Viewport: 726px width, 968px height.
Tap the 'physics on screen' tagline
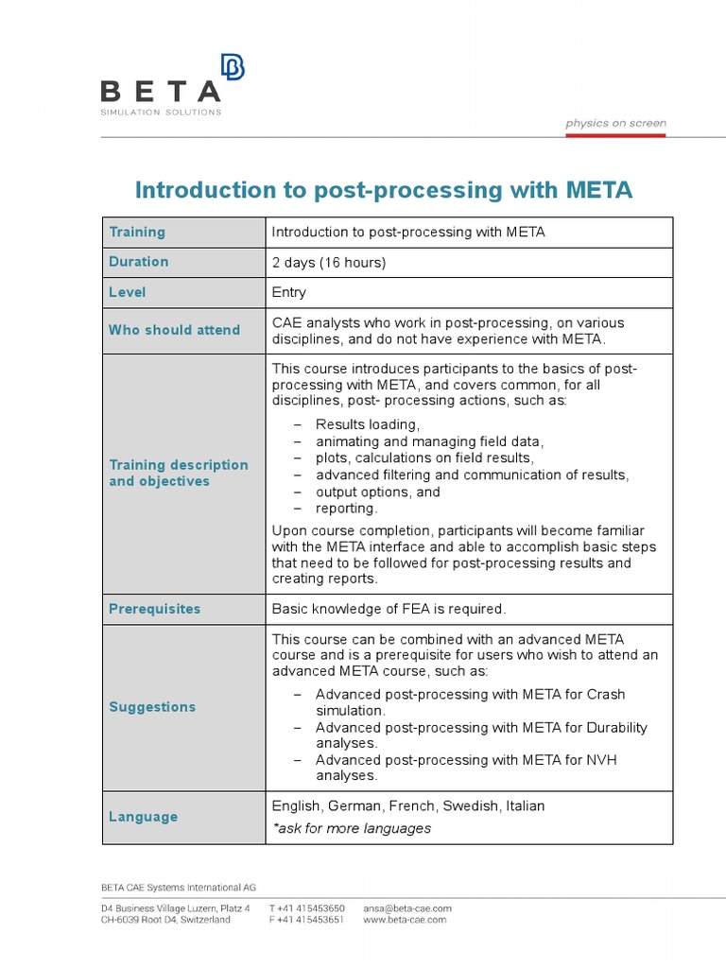[615, 123]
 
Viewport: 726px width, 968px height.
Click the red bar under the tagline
[615, 135]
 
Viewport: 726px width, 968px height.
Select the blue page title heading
[383, 190]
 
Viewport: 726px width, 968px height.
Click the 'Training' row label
[137, 232]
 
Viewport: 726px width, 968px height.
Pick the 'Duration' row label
[139, 262]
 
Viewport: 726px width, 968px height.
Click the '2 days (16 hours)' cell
[329, 262]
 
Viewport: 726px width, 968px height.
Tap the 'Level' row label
[128, 293]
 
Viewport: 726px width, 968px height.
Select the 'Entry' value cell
[289, 293]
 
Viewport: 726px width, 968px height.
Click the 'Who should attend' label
[174, 330]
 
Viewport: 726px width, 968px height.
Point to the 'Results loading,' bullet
[368, 424]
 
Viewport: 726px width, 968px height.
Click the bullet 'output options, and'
[378, 492]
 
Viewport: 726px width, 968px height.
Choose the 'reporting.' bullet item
[346, 509]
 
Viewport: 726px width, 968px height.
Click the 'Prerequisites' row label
[155, 609]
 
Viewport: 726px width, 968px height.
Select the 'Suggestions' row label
[152, 707]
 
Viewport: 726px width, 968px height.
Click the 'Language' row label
[143, 817]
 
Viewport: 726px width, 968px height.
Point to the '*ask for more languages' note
[352, 828]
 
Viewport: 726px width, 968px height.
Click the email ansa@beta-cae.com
[407, 908]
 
